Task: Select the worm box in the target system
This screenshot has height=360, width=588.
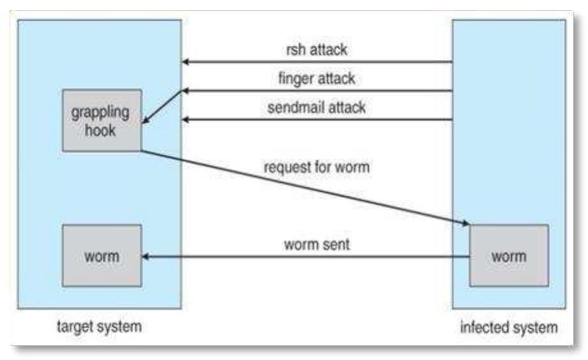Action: [x=102, y=256]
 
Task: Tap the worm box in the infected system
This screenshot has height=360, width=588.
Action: [x=508, y=256]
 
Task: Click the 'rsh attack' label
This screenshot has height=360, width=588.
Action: [x=317, y=49]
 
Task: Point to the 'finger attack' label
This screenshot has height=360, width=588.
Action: [x=317, y=79]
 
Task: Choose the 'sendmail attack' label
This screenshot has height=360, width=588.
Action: [x=317, y=107]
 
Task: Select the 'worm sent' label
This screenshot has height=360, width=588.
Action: [x=317, y=244]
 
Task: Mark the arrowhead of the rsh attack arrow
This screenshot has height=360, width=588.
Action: [x=186, y=63]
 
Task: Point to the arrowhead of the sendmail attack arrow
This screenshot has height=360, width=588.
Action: [x=186, y=119]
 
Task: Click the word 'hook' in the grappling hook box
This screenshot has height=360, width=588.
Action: [x=102, y=128]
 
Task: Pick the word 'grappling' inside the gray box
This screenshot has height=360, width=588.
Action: [x=102, y=112]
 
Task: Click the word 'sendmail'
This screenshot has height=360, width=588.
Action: [x=291, y=107]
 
